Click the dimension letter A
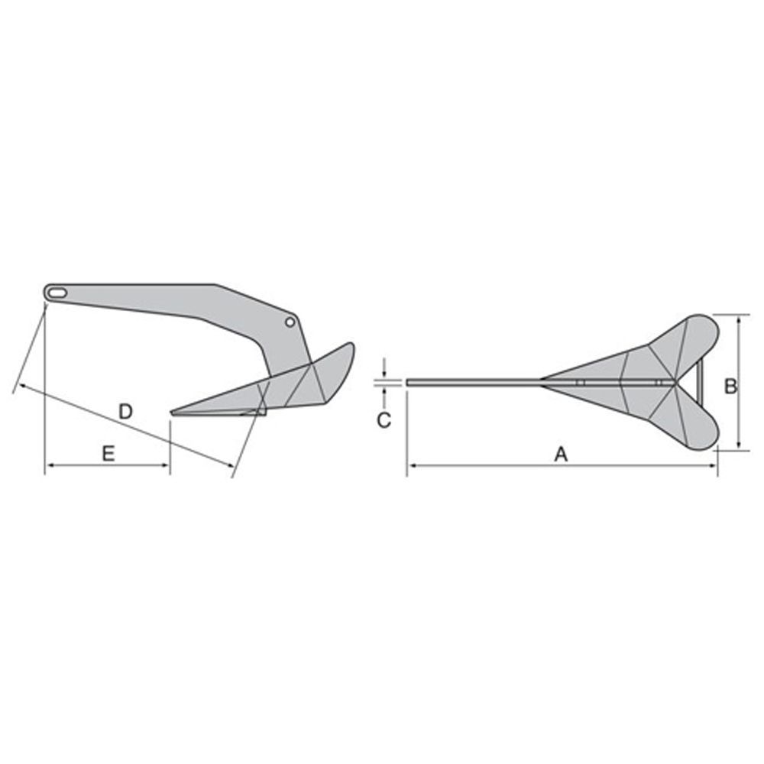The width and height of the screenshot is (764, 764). [x=561, y=455]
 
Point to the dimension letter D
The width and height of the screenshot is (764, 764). [x=126, y=412]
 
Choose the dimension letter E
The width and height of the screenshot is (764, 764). [x=108, y=454]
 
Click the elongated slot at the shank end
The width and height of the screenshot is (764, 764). [x=57, y=291]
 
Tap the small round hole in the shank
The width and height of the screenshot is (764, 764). [x=290, y=322]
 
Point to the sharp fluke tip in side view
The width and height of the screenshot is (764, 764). [x=173, y=413]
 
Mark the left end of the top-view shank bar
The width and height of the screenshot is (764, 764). [x=409, y=382]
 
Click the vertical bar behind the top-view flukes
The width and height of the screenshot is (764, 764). [x=699, y=381]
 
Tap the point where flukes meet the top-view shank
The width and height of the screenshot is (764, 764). [x=543, y=381]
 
